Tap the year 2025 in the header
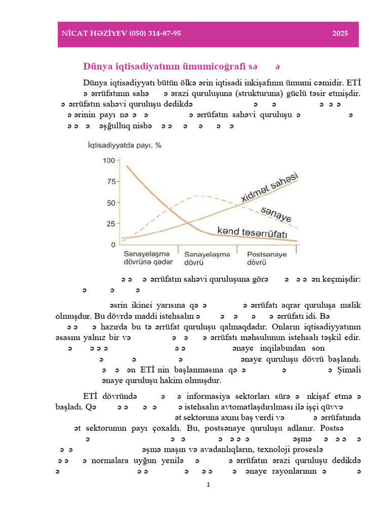(340, 33)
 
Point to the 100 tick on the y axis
(109, 161)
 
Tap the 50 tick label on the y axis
(111, 203)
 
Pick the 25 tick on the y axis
(111, 224)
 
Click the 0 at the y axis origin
(113, 245)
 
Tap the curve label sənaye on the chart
(276, 214)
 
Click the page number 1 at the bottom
(208, 485)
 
